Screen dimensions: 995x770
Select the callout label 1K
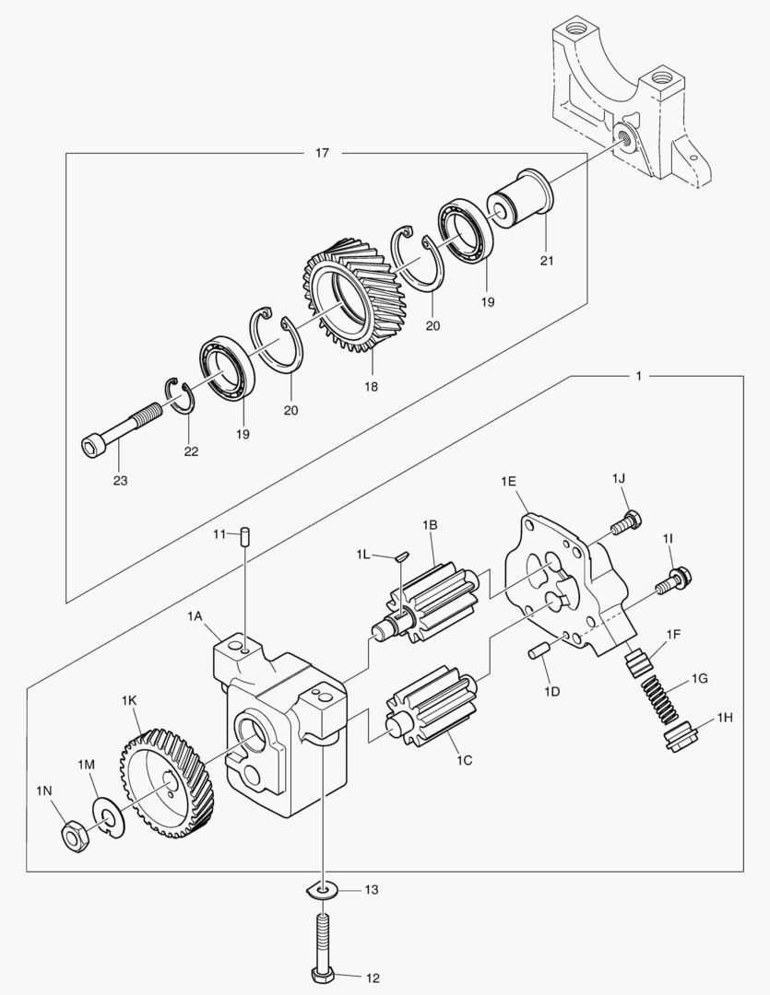coord(129,701)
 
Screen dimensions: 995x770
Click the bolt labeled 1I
coord(670,580)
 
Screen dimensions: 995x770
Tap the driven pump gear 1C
coord(432,710)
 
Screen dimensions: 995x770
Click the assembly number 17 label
coord(322,153)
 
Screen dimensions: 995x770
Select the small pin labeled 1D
coord(538,653)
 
